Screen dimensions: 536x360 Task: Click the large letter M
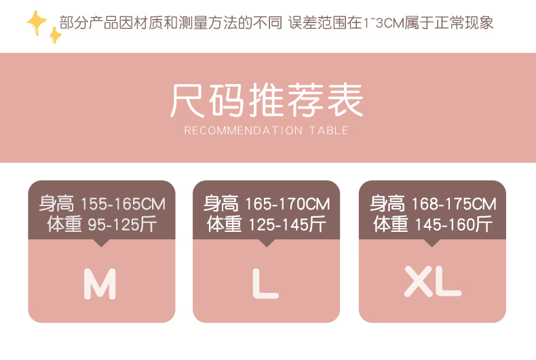pos(100,283)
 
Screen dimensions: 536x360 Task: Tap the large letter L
pos(265,283)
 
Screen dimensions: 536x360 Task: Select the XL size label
pos(432,281)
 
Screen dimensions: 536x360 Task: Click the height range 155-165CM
pos(123,204)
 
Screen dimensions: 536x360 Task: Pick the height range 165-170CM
pos(288,204)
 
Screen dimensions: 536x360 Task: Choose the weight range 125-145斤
pos(287,224)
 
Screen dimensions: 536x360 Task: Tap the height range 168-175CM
pos(454,204)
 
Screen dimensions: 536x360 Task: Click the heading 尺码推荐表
pos(267,100)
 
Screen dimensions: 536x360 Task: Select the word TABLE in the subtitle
pos(329,130)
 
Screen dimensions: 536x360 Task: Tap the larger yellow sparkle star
pos(37,22)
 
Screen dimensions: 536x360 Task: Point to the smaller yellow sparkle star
pos(55,35)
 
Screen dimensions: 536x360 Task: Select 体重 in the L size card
pos(225,224)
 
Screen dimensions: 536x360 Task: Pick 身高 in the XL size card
pos(387,204)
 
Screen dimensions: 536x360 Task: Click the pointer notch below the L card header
pos(267,243)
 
